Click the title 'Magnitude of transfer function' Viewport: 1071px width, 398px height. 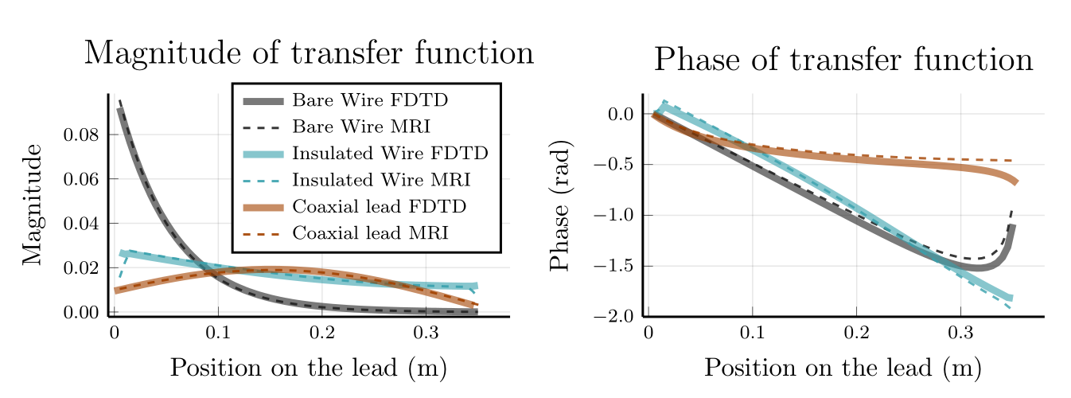[x=309, y=53]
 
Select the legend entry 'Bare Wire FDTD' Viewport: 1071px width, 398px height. [x=370, y=101]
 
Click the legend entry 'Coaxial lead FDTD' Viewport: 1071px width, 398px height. [x=379, y=206]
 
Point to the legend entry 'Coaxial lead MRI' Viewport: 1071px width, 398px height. [x=371, y=233]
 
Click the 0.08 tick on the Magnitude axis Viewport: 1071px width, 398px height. [x=80, y=135]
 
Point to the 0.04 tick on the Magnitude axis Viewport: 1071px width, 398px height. [x=80, y=224]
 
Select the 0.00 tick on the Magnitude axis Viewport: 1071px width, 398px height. [x=80, y=313]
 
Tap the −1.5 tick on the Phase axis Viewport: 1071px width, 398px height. [x=615, y=266]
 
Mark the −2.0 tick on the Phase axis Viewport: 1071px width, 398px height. [x=615, y=317]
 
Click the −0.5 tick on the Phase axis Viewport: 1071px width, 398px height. [x=615, y=165]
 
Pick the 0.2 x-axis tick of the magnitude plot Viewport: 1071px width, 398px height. [x=321, y=332]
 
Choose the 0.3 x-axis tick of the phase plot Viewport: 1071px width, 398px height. [x=960, y=332]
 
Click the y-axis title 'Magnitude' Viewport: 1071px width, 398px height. [x=33, y=205]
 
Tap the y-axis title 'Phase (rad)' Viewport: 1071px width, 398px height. [x=561, y=205]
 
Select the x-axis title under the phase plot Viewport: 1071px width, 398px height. [x=843, y=369]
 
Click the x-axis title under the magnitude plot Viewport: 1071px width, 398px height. [x=308, y=369]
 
